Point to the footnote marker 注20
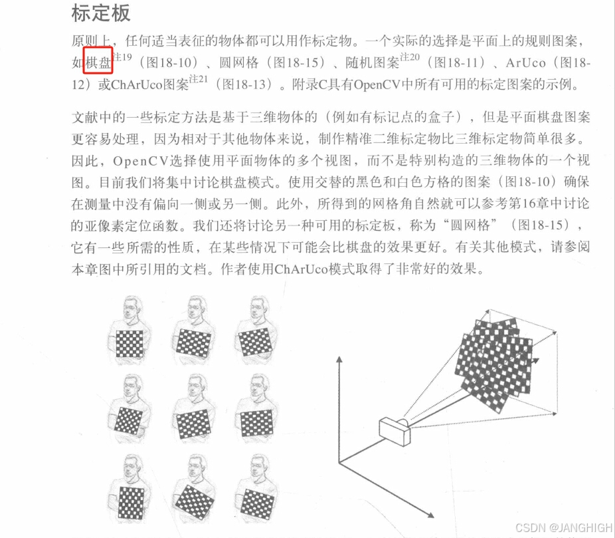[410, 58]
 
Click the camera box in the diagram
[396, 432]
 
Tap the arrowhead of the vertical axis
[340, 360]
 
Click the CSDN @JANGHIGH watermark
[564, 527]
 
